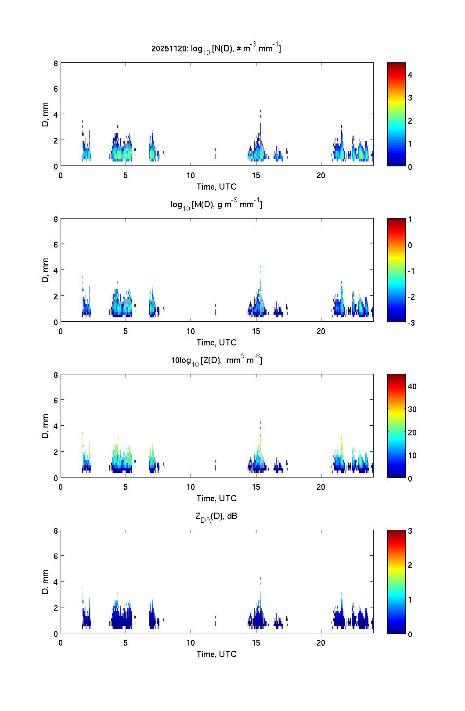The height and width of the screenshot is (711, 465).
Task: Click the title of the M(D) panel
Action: click(x=216, y=205)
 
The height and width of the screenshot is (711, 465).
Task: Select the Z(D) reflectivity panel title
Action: click(x=216, y=360)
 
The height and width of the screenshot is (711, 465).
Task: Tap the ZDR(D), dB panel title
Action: click(x=216, y=516)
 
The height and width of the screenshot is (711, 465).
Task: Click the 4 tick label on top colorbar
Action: click(x=410, y=75)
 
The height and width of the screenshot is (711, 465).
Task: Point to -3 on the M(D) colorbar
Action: click(x=411, y=323)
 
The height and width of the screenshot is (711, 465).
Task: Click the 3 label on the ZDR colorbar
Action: click(x=410, y=531)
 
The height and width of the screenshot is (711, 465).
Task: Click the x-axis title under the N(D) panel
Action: click(x=216, y=187)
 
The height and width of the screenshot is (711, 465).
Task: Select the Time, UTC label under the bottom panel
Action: click(x=216, y=654)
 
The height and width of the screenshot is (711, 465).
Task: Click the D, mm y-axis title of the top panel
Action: click(x=45, y=115)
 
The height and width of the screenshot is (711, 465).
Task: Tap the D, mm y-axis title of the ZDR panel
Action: click(x=45, y=582)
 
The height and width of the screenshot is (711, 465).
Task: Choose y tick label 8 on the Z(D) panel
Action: click(x=56, y=375)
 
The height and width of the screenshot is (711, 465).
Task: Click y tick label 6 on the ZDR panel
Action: click(x=56, y=556)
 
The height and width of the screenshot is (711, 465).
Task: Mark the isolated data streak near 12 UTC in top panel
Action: click(x=215, y=153)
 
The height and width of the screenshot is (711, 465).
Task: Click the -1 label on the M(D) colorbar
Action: click(x=411, y=271)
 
